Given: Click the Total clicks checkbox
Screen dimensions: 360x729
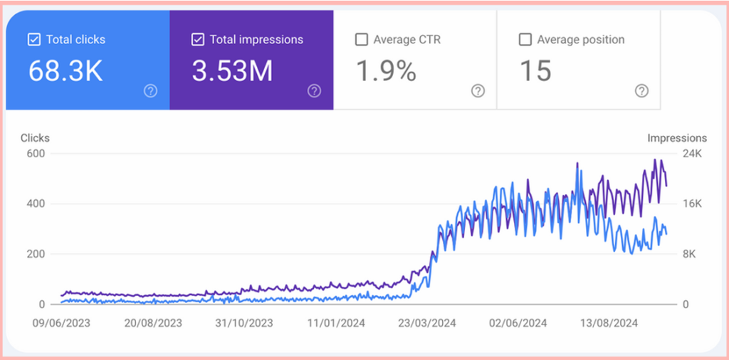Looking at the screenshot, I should click(x=34, y=40).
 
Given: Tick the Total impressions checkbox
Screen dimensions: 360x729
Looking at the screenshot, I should click(x=198, y=40).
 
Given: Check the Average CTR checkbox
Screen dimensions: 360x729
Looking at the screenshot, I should click(x=362, y=40).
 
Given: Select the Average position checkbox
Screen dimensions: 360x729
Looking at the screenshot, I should click(x=525, y=40).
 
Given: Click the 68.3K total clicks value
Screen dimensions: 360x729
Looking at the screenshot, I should click(x=65, y=71).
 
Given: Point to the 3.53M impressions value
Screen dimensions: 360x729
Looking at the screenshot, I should click(x=232, y=71).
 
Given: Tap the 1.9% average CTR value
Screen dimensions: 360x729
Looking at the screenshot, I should click(x=385, y=71).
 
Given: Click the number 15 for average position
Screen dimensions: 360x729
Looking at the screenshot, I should click(x=535, y=71).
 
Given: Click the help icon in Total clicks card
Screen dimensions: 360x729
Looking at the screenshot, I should click(x=150, y=90).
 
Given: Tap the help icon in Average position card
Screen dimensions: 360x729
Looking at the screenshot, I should click(x=641, y=90).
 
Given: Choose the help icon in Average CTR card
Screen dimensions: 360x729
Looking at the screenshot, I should click(x=478, y=90).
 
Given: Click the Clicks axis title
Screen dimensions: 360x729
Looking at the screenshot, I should click(x=35, y=138).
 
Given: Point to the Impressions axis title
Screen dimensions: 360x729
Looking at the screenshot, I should click(x=677, y=138).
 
